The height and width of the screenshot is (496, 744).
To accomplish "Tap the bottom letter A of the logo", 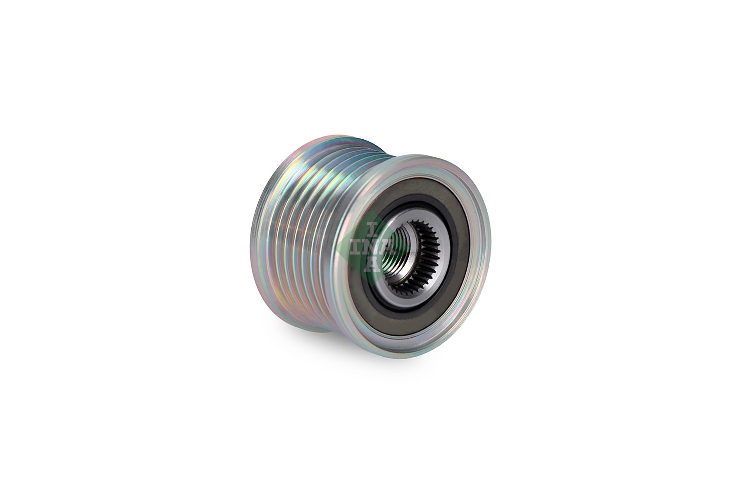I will coord(373,265).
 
